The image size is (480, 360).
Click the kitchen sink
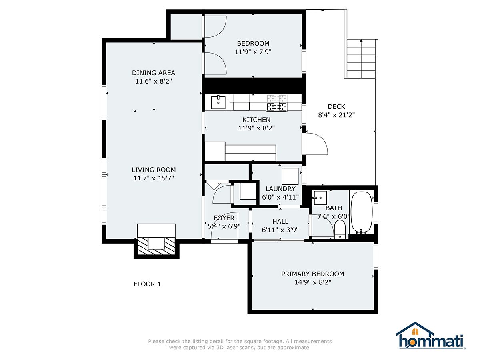click(x=218, y=102)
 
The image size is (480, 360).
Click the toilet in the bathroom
click(x=340, y=229)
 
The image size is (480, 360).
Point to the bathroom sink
click(x=320, y=198)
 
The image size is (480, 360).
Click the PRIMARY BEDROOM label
click(x=312, y=274)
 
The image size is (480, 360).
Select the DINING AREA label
click(x=154, y=73)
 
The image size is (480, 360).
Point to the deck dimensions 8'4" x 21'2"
click(x=336, y=115)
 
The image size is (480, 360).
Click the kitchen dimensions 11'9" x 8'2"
click(x=256, y=128)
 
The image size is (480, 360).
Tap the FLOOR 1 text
click(x=147, y=284)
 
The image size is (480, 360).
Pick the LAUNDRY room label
click(x=280, y=189)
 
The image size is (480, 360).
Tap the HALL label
click(x=280, y=222)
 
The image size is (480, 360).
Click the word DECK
click(x=336, y=107)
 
